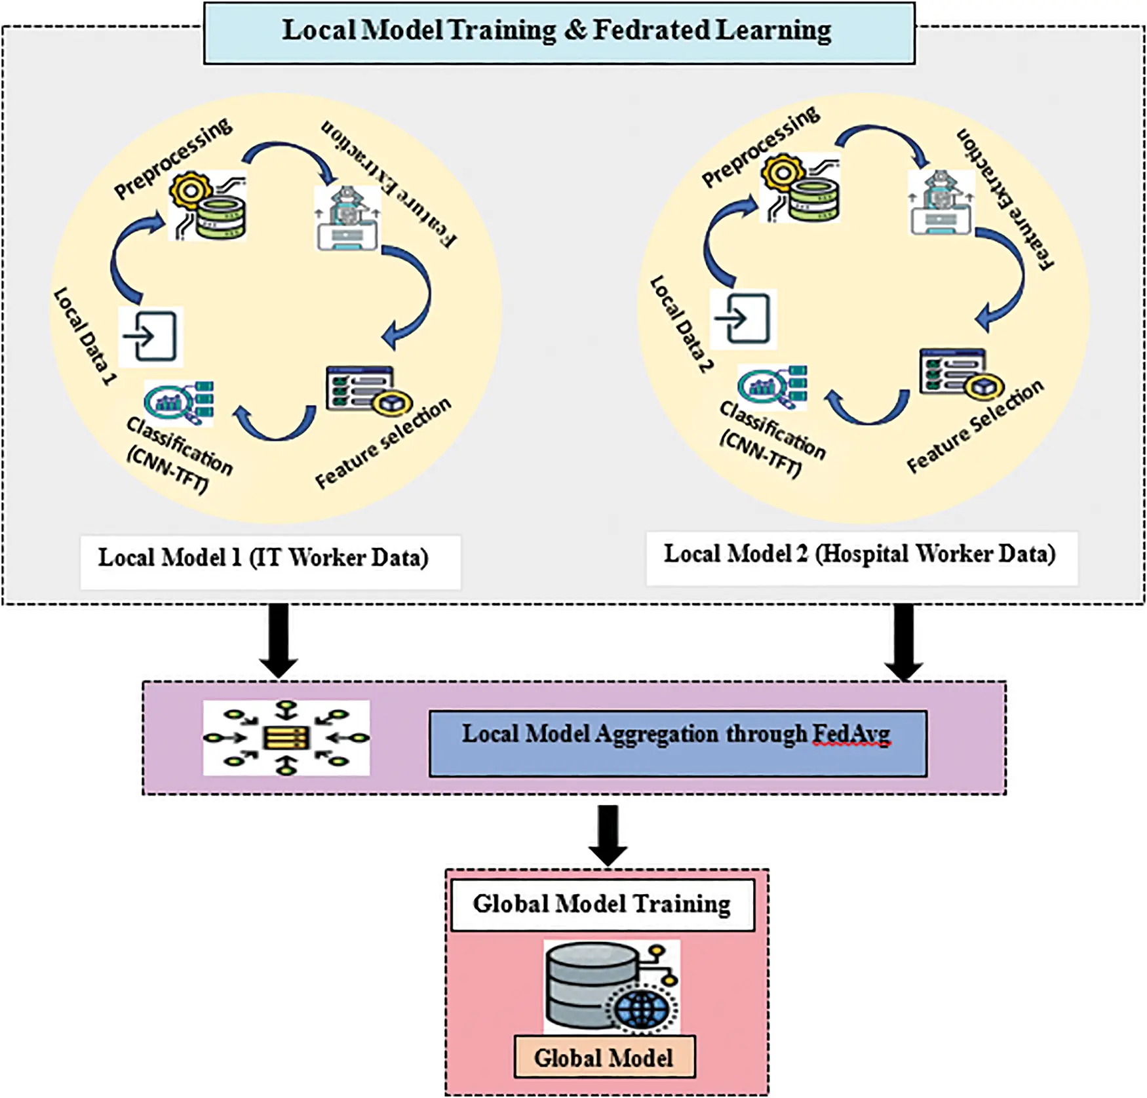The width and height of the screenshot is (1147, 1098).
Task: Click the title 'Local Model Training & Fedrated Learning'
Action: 557,31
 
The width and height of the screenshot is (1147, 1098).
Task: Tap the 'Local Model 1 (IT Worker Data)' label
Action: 263,559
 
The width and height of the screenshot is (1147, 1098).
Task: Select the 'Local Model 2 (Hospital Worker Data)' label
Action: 860,555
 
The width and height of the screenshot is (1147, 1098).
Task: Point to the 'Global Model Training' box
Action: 602,905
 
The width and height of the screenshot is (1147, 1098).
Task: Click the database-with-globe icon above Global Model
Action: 611,987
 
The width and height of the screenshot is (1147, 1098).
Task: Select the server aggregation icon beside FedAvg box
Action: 286,737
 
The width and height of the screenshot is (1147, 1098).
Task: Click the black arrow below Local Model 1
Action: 279,639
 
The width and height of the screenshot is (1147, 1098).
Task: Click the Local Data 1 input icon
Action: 151,336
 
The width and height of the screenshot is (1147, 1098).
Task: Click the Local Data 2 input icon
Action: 743,319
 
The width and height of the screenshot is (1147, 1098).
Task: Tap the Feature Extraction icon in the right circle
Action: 941,202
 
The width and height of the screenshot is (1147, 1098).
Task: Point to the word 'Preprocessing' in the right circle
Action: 760,147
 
